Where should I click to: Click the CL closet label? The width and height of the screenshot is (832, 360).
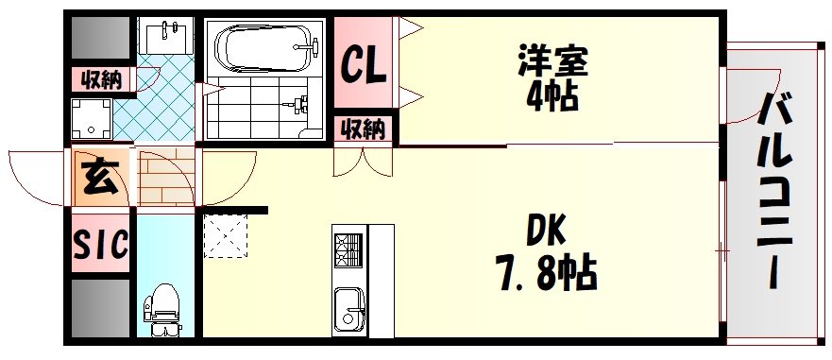point(364,66)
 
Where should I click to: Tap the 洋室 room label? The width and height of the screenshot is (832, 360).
point(552,62)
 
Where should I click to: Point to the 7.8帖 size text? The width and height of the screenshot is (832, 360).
point(546,273)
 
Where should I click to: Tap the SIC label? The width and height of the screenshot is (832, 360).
point(99,246)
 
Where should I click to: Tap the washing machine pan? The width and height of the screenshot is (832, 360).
point(92,118)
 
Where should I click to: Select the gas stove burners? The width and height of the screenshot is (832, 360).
point(347,250)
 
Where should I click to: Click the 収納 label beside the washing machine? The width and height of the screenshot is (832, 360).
point(99,79)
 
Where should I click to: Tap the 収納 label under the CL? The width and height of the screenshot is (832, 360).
point(364,127)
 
